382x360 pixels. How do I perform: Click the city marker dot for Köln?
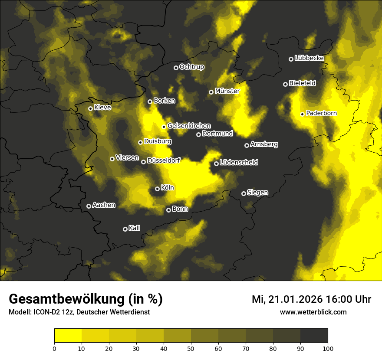coord(157,189)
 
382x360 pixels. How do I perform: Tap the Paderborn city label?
coord(321,113)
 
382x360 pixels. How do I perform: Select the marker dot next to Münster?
coord(211,92)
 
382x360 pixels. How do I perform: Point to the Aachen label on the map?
coord(104,205)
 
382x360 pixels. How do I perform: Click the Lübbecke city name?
coord(309,58)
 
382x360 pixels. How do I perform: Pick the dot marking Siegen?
coord(244,193)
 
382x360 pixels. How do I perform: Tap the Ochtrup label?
coord(191,67)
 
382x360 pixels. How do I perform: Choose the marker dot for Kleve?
coord(90,108)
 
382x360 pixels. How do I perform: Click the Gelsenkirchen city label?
coord(189,126)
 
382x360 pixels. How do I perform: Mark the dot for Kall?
coord(125,229)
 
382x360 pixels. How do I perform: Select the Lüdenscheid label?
coord(239,163)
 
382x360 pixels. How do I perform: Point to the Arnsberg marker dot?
coord(247,145)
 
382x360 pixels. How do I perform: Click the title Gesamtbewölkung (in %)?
coord(86,299)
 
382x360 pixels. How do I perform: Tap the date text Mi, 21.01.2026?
coord(287,299)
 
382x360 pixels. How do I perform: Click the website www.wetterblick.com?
coord(313,312)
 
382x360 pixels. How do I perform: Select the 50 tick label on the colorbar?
coord(191,348)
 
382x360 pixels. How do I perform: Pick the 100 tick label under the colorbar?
coord(328,348)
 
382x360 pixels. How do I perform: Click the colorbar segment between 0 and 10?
coord(68,336)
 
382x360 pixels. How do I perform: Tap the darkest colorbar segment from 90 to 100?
coord(314,336)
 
